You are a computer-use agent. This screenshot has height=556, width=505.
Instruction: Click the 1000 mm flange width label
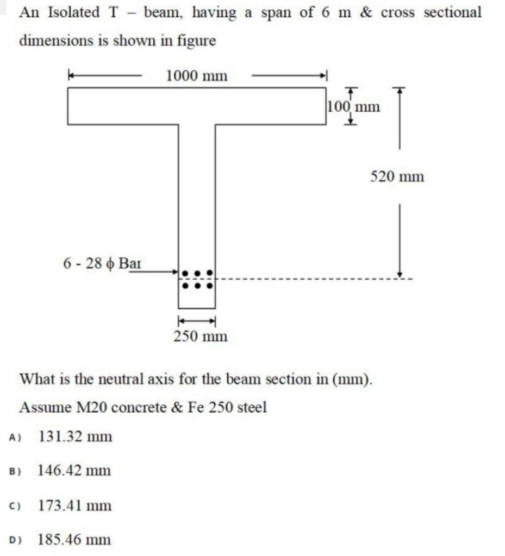click(x=196, y=76)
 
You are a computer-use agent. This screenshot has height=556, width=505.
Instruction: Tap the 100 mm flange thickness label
click(x=354, y=106)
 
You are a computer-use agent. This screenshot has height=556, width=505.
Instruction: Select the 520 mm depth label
click(x=397, y=176)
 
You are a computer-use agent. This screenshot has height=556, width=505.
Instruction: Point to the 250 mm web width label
click(x=201, y=337)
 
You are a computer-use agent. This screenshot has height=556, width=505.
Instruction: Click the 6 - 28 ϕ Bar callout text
click(x=103, y=264)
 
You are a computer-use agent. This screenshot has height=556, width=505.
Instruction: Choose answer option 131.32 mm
click(x=75, y=436)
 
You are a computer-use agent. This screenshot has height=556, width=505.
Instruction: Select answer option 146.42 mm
click(x=74, y=470)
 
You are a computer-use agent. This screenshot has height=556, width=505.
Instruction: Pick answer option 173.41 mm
click(x=74, y=506)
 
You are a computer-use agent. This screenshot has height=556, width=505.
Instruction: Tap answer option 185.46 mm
click(x=74, y=540)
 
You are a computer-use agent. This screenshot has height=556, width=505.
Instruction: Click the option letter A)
click(x=15, y=437)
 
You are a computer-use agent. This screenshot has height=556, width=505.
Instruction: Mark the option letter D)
click(x=15, y=540)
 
